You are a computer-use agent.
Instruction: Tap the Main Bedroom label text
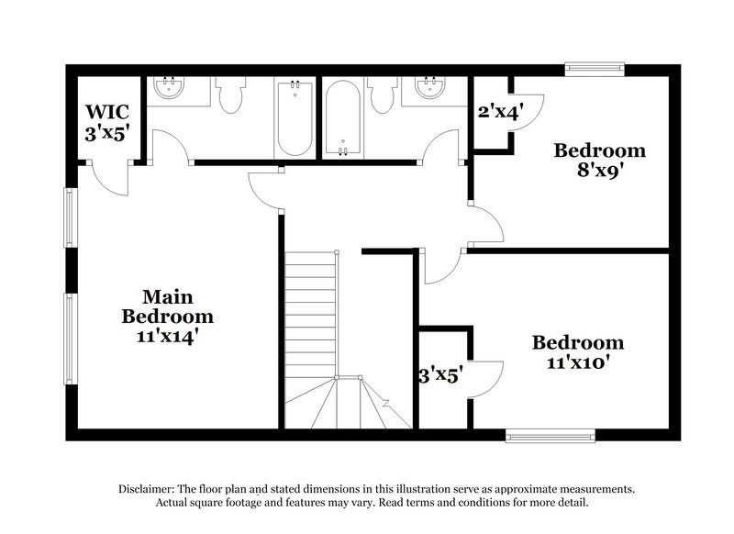(168, 306)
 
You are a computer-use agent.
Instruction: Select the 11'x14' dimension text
(168, 336)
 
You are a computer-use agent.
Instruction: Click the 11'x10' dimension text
(578, 362)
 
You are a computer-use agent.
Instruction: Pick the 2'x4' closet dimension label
(500, 113)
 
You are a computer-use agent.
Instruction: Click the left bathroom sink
(169, 89)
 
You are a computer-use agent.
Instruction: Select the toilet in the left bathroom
(230, 95)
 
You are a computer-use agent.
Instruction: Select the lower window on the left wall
(68, 339)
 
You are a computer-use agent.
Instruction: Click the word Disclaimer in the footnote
(148, 489)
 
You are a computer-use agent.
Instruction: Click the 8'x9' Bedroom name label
(600, 150)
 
